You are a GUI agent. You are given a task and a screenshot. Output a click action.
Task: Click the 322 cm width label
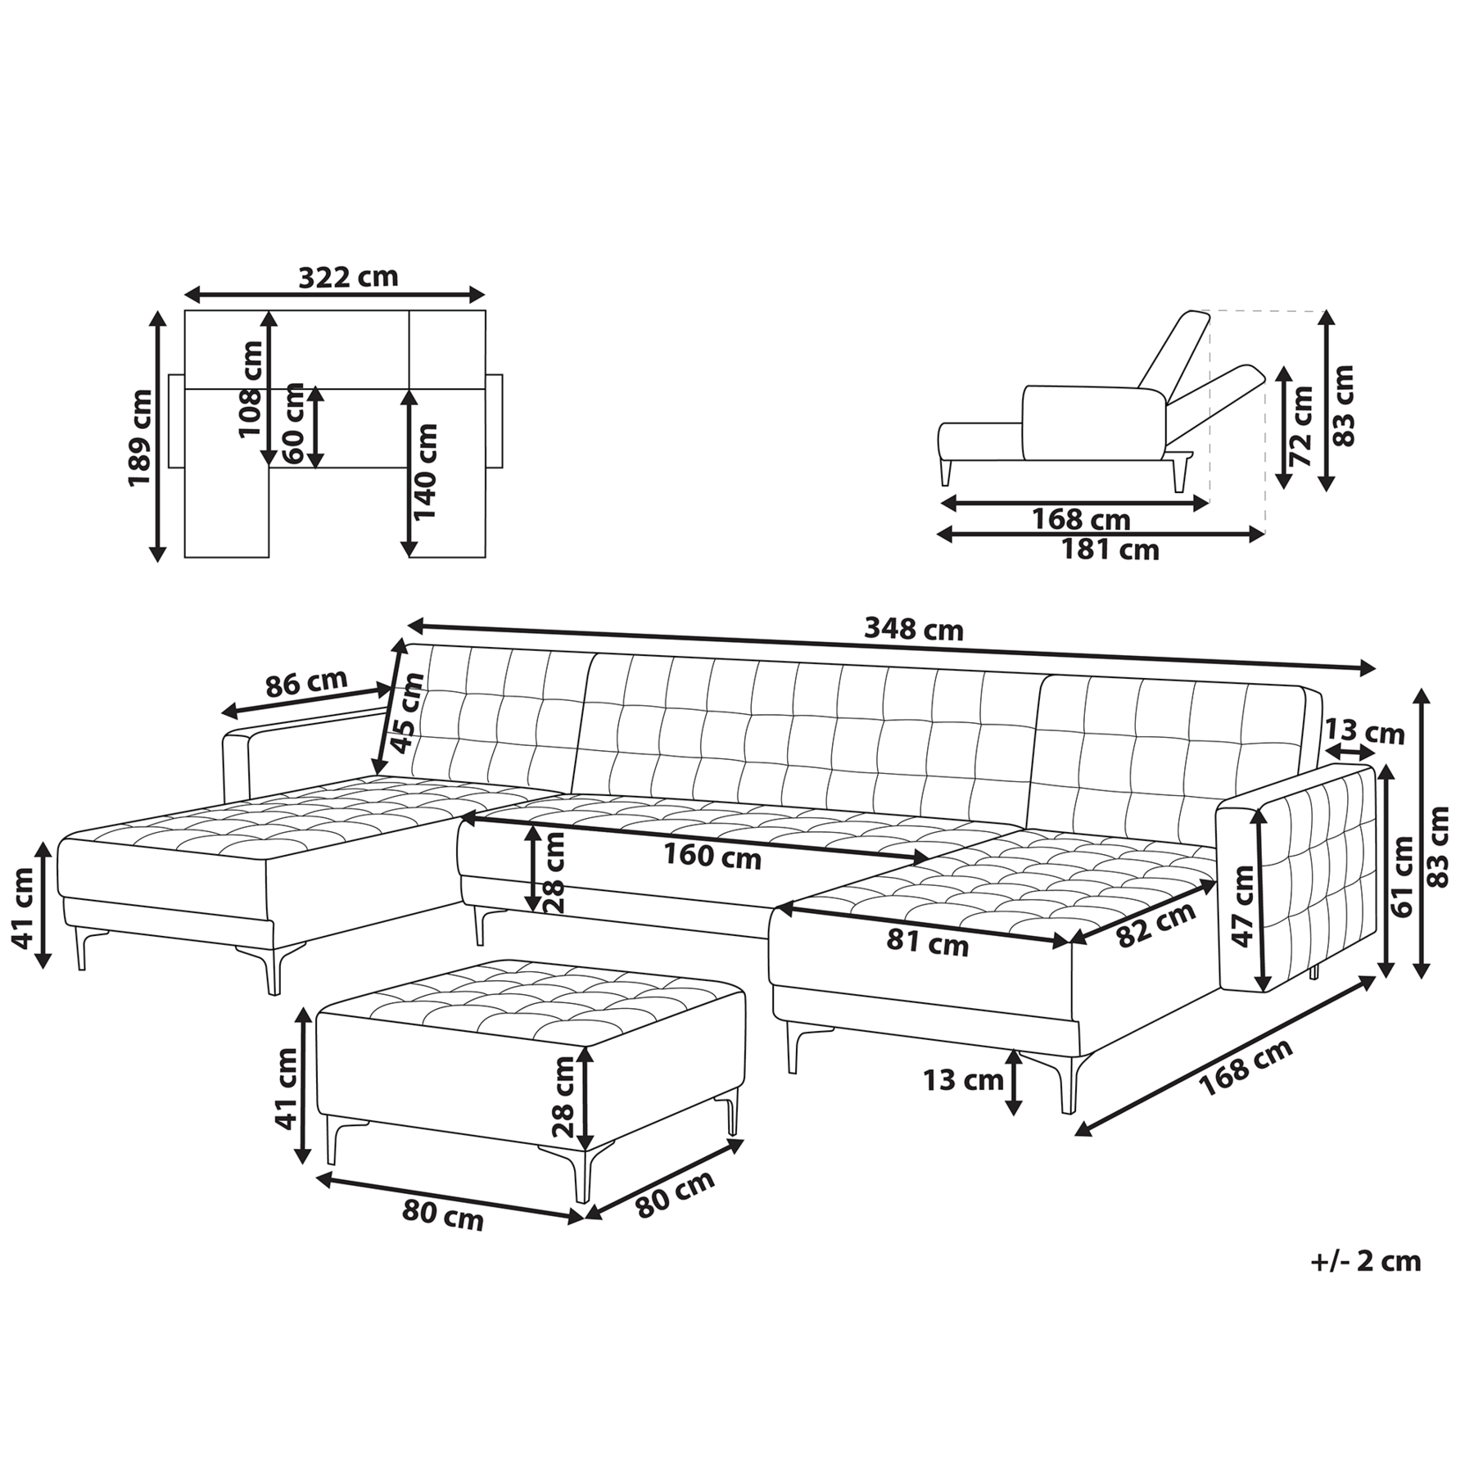[x=348, y=277]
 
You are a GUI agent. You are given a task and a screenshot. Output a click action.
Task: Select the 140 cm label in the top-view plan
[x=425, y=472]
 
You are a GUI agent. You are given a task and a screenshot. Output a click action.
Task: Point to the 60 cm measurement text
[x=292, y=424]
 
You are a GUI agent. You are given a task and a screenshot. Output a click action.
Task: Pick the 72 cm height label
[x=1300, y=427]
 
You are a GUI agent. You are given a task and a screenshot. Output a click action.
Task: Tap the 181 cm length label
[x=1110, y=549]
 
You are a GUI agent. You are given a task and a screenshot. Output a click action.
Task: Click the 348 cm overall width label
[x=914, y=629]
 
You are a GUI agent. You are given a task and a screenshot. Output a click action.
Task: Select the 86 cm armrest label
[x=307, y=682]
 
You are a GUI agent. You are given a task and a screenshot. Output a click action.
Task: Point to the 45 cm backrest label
[x=407, y=712]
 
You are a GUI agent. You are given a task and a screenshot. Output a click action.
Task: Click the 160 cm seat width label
[x=712, y=857]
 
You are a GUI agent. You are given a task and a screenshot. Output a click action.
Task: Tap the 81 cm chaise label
[x=927, y=943]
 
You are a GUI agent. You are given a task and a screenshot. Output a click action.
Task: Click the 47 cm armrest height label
[x=1243, y=907]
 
